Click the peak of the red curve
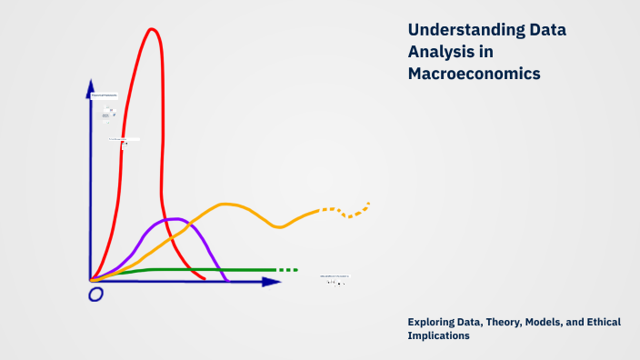(152, 29)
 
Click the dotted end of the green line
(287, 270)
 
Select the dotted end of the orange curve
(355, 211)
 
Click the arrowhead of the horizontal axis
(272, 282)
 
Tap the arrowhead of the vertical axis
(90, 85)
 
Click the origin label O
(95, 295)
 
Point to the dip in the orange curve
(280, 226)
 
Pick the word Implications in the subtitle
(439, 335)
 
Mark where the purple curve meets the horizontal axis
(226, 280)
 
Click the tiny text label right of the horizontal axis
(334, 276)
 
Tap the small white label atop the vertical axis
(104, 95)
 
